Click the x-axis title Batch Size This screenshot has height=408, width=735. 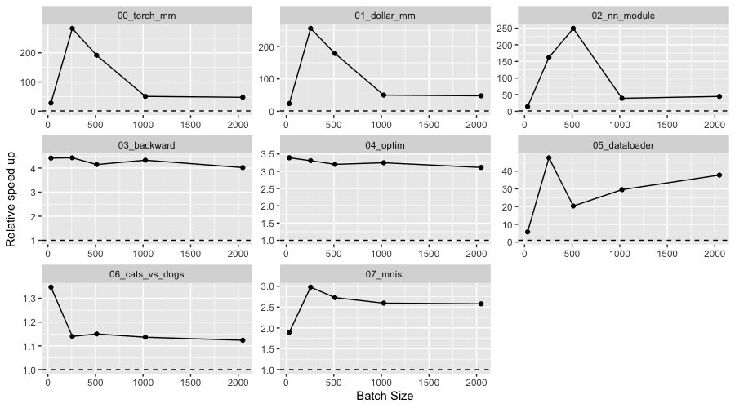[x=385, y=397]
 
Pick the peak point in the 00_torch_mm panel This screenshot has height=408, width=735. [x=72, y=29]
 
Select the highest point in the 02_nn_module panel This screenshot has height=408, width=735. [x=573, y=29]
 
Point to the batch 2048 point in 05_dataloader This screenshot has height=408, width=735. [x=719, y=175]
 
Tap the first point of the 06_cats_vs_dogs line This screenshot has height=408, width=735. [x=51, y=287]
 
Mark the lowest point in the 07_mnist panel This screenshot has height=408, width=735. [x=289, y=332]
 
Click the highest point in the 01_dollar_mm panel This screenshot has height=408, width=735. [x=310, y=29]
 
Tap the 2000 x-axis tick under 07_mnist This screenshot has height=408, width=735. [x=476, y=382]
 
